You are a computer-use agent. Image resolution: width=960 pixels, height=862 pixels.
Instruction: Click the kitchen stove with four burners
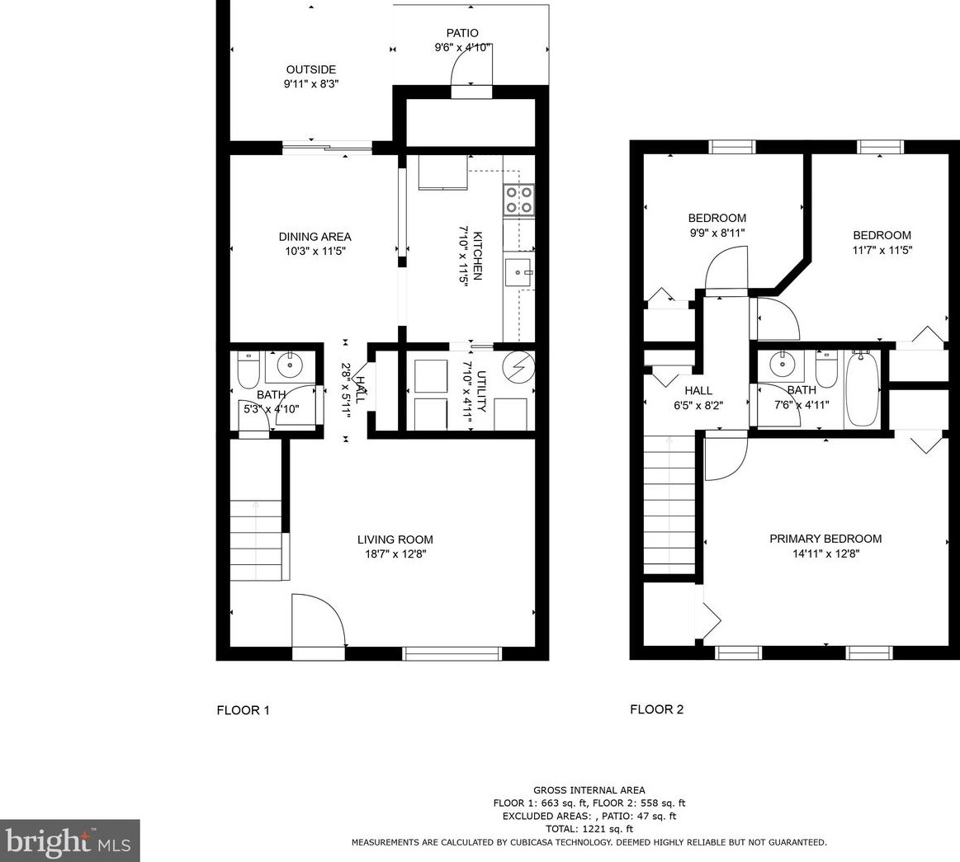[x=518, y=200]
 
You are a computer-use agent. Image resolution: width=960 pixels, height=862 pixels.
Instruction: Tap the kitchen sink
[x=519, y=271]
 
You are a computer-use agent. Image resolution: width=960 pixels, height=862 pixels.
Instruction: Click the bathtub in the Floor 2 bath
[x=863, y=389]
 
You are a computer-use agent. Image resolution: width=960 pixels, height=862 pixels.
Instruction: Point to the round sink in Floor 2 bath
[x=778, y=363]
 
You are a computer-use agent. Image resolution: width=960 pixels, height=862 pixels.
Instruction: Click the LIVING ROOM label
[x=395, y=539]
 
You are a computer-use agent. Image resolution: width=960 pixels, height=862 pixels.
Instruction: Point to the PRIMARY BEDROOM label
[x=825, y=539]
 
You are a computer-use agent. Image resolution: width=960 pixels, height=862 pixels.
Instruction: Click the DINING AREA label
[x=314, y=237]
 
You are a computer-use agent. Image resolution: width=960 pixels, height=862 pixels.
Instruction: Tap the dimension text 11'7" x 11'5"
[x=882, y=250]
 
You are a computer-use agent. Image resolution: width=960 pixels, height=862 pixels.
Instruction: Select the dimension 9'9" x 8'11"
[x=716, y=233]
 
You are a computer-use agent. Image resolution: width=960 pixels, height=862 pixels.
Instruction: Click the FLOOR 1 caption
[x=243, y=710]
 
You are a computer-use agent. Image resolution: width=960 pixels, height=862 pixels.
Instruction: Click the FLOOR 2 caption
[x=656, y=709]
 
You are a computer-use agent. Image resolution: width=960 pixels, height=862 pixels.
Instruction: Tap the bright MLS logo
[x=69, y=841]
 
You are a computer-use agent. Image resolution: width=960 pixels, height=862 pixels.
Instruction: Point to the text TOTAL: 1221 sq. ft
[x=589, y=829]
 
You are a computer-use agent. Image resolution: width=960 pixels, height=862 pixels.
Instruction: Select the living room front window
[x=452, y=653]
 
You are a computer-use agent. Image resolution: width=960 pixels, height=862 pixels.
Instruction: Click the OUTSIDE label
[x=310, y=70]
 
